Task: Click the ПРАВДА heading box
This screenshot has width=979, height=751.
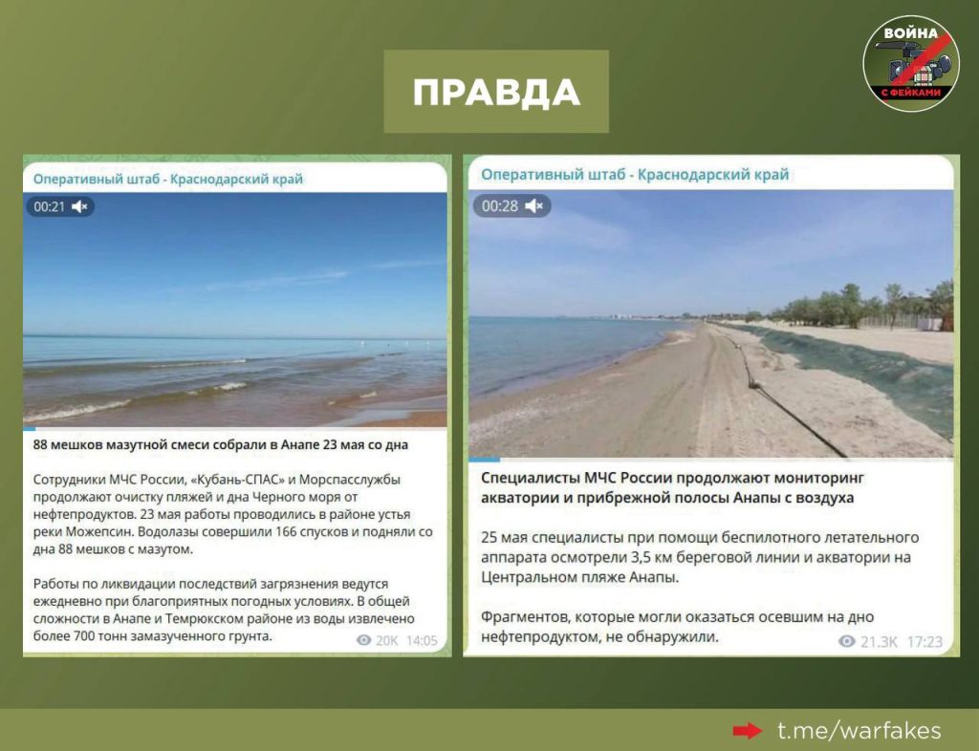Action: click(x=496, y=91)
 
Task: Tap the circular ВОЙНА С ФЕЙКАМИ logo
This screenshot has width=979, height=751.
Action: click(x=911, y=64)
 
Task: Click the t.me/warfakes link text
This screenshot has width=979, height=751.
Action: click(x=859, y=730)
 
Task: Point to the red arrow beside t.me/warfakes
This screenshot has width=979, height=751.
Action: click(x=748, y=730)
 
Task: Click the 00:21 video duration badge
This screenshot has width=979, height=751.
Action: click(x=60, y=206)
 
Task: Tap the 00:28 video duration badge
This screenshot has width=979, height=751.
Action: click(x=512, y=205)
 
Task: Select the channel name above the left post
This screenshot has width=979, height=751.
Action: click(x=168, y=179)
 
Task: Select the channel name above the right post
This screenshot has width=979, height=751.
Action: click(x=635, y=175)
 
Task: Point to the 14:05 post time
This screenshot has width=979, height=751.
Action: click(x=422, y=640)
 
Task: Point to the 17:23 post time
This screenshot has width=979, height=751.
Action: click(x=925, y=642)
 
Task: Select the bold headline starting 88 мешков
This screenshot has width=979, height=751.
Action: click(x=221, y=444)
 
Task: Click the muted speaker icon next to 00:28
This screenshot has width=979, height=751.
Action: click(x=533, y=205)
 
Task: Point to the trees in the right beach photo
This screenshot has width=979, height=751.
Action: click(x=864, y=307)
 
